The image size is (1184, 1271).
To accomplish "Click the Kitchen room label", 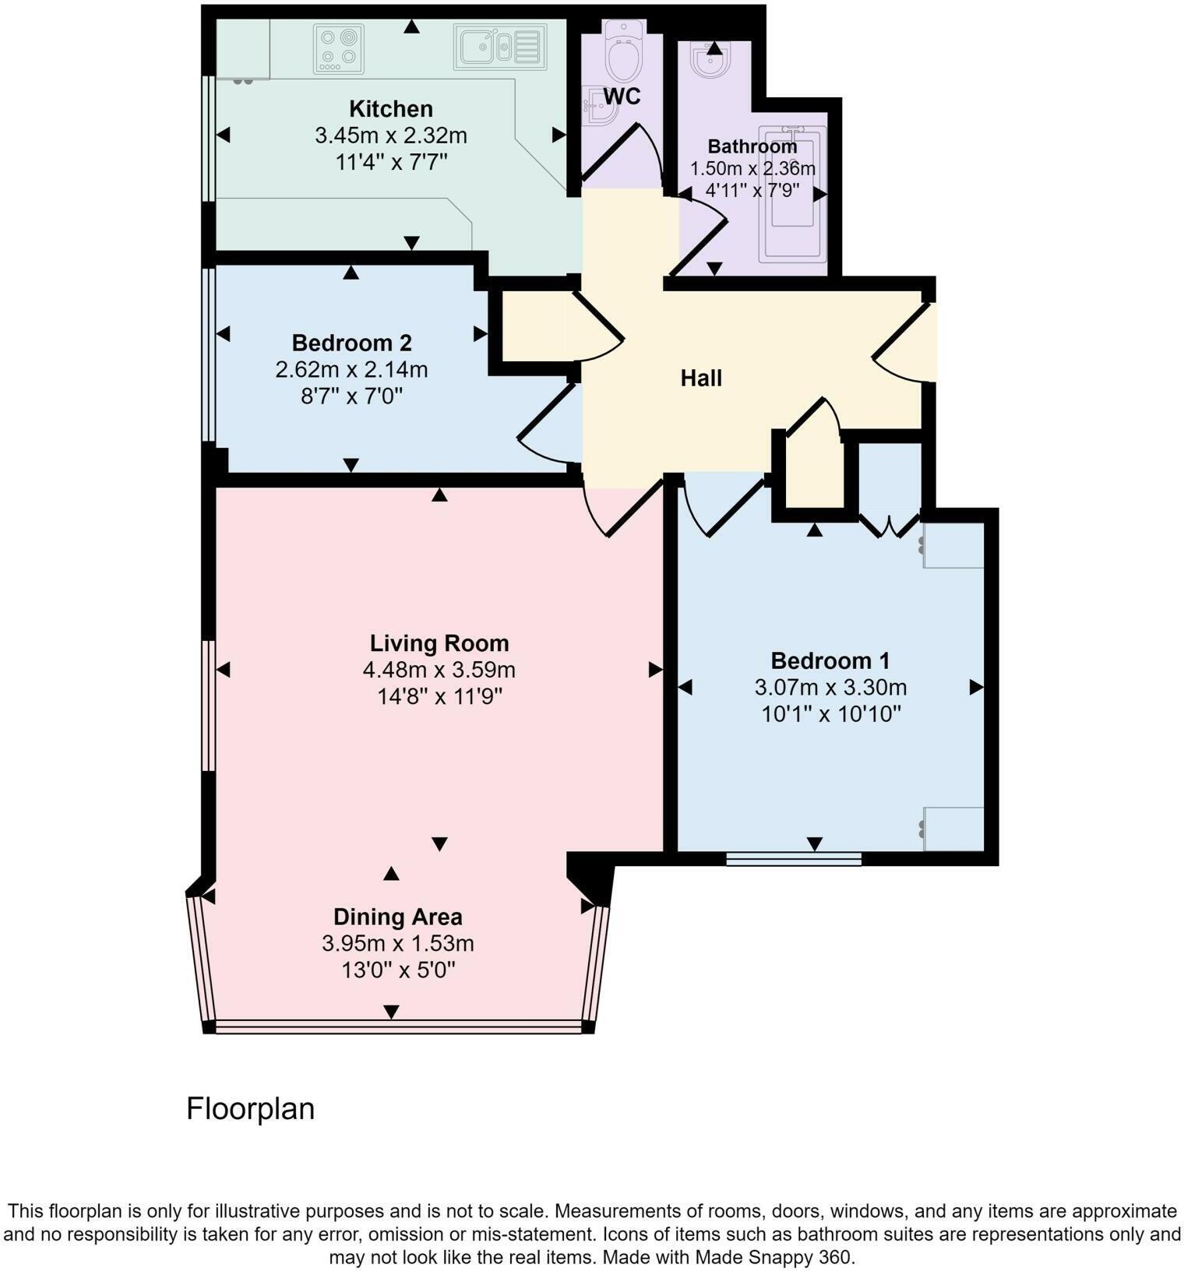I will [390, 108].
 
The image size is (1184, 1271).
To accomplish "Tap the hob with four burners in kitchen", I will [339, 49].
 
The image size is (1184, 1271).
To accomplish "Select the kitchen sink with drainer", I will [499, 47].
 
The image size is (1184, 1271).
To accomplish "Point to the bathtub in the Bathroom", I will [792, 195].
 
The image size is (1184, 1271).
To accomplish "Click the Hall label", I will [701, 378].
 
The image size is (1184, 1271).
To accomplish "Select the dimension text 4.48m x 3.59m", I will [439, 670].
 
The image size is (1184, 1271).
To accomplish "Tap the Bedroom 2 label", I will [351, 343].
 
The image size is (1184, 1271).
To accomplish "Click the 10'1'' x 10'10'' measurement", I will [830, 714].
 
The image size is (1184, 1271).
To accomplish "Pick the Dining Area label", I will [397, 917].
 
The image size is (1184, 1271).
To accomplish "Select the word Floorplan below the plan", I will [250, 1108].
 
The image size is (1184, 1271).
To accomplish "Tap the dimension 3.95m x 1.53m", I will [397, 944].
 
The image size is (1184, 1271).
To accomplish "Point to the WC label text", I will [622, 97].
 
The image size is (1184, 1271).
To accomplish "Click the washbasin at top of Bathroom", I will [711, 61].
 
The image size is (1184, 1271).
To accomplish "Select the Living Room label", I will [439, 643].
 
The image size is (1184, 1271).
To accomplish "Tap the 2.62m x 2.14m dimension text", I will [351, 369].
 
